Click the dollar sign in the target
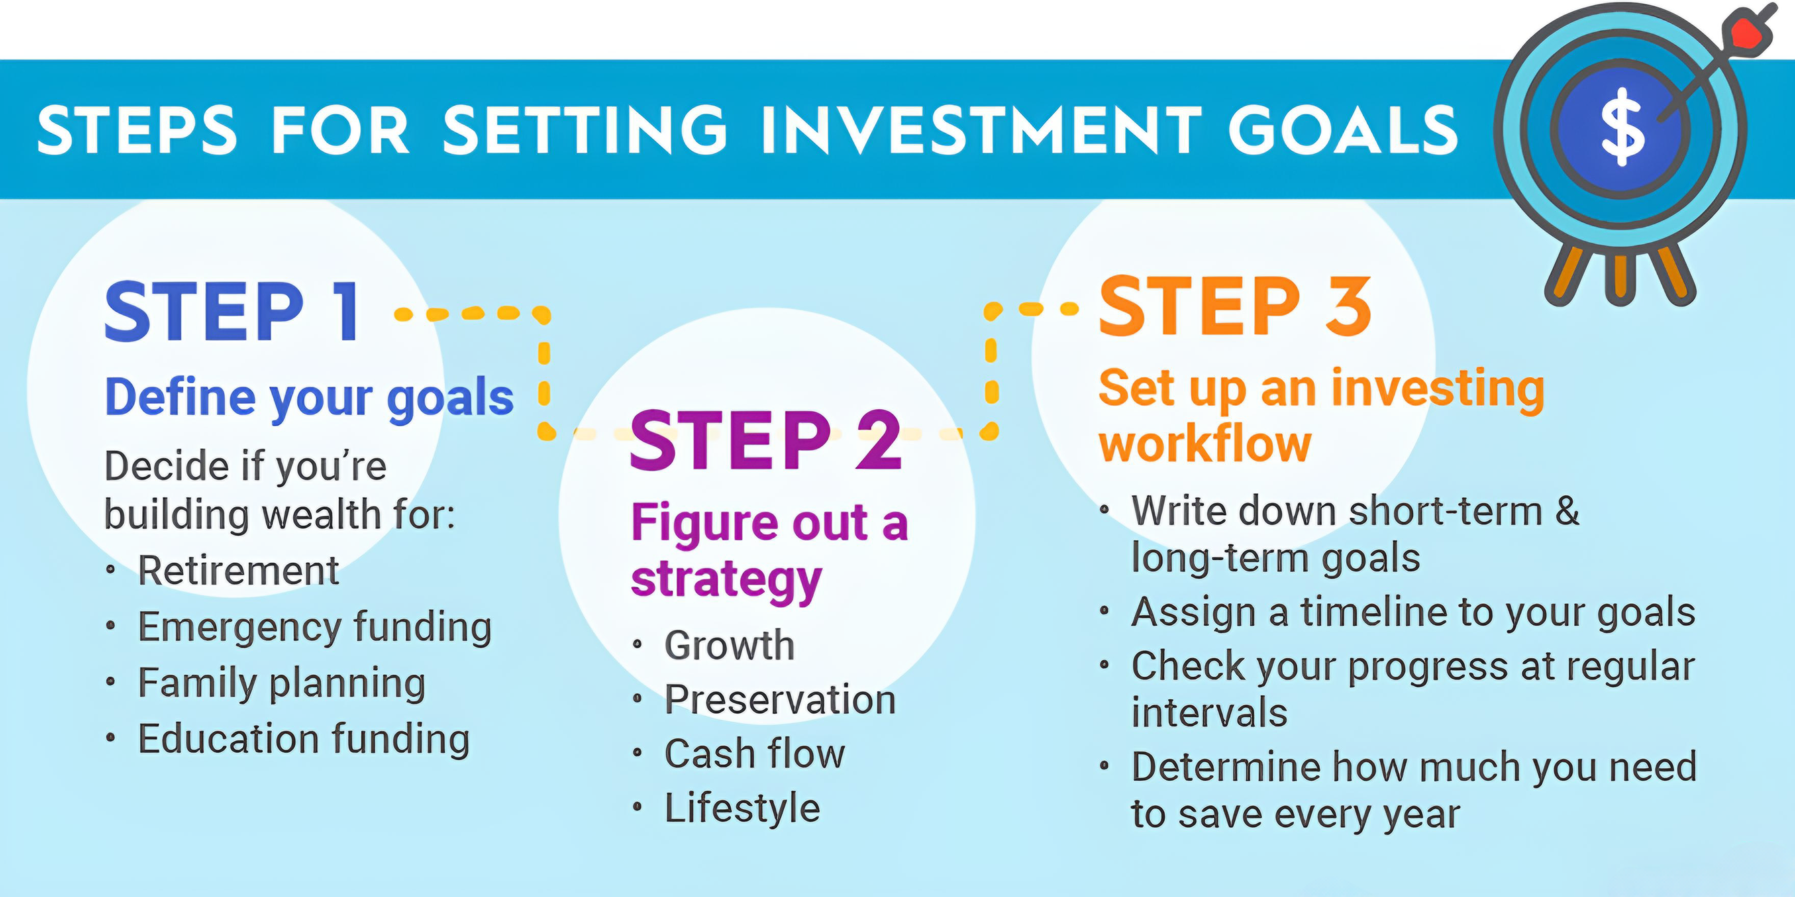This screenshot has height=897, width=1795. (x=1623, y=127)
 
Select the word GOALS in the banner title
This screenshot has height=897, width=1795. (x=1343, y=130)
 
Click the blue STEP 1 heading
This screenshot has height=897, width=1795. (x=232, y=311)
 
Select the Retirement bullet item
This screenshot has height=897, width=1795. (x=238, y=570)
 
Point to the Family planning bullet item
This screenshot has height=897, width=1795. (x=281, y=682)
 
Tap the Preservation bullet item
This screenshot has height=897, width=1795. (x=780, y=699)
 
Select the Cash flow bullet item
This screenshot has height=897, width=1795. (x=755, y=754)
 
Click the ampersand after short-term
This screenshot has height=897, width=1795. (x=1567, y=511)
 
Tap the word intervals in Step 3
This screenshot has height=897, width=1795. (x=1210, y=713)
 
